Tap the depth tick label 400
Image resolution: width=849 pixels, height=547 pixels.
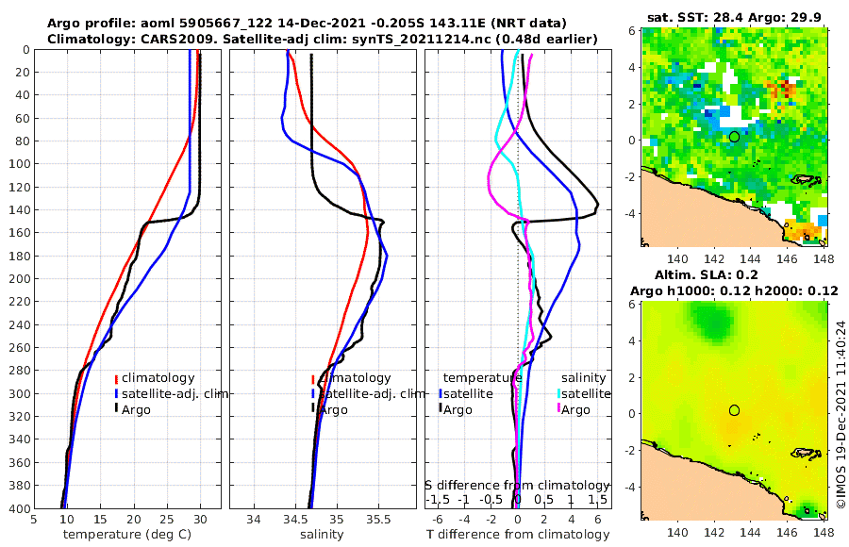coord(16,508)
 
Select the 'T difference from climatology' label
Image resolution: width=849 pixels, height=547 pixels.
coord(519,535)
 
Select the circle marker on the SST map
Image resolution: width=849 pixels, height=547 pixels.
coord(734,137)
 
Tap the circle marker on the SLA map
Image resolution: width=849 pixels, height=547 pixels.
coord(734,409)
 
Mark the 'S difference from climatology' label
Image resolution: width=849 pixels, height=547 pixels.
coord(518,485)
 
